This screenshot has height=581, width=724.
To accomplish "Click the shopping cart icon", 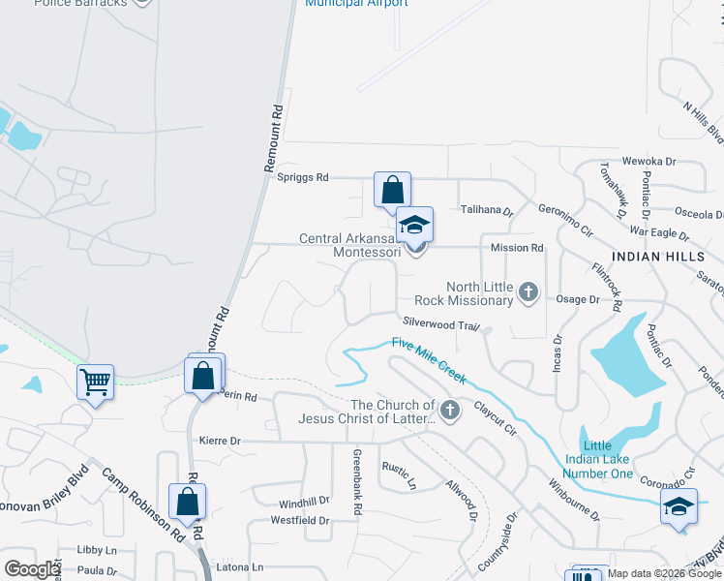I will [95, 382].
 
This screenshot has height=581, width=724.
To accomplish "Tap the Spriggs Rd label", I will [303, 178].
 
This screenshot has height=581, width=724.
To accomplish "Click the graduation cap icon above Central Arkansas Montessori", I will [414, 225].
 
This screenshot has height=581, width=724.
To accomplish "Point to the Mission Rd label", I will [517, 248].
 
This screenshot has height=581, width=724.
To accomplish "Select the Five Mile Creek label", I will [429, 358].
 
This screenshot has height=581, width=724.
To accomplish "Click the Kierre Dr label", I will [219, 441].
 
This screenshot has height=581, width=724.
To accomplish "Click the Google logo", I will [32, 569].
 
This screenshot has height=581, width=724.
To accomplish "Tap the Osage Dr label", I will [580, 300].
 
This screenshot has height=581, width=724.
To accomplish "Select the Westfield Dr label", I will [300, 521].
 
